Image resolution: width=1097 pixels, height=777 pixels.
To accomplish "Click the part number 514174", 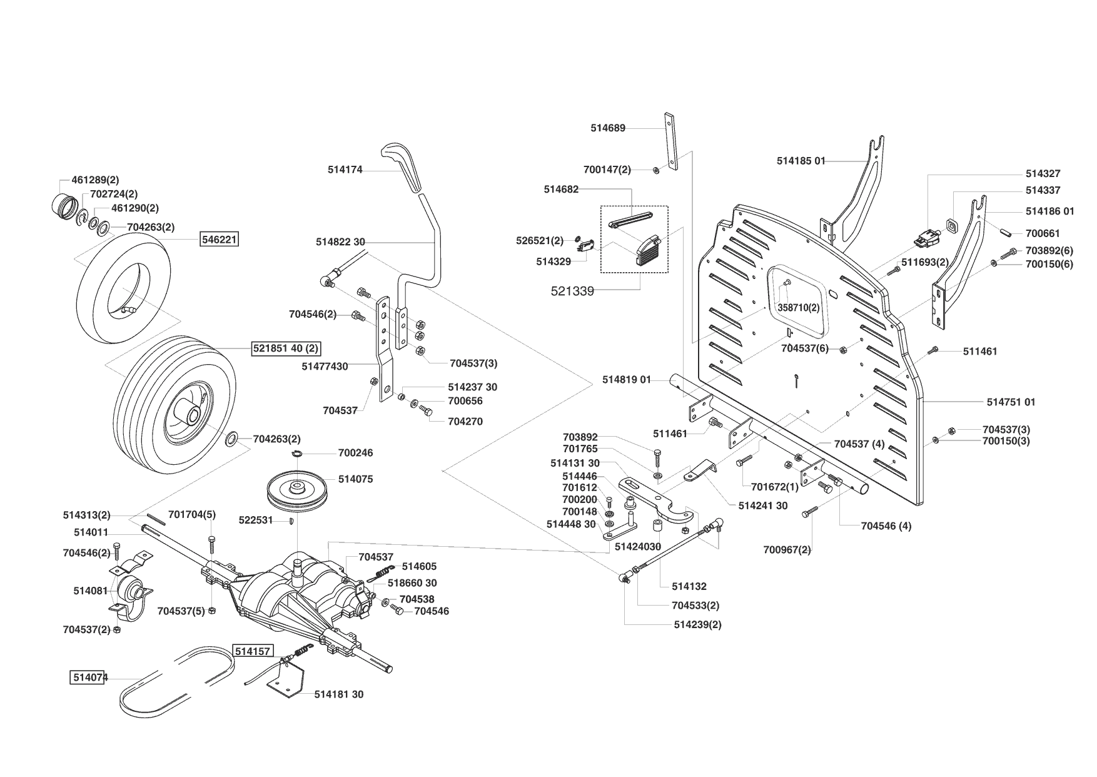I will tap(345, 170).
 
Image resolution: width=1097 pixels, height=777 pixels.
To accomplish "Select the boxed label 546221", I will tap(219, 239).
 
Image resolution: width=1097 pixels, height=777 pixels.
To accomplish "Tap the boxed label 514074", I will tap(87, 678).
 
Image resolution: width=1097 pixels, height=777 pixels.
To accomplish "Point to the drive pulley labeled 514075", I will tap(298, 490).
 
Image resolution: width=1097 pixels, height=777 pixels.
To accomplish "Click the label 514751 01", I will tap(1011, 402).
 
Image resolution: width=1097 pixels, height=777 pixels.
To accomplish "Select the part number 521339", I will tap(572, 291).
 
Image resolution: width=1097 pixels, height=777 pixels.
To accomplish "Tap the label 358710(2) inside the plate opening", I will tap(798, 308).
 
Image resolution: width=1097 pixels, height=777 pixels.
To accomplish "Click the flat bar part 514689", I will tap(670, 141).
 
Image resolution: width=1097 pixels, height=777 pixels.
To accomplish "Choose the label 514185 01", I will tap(801, 161).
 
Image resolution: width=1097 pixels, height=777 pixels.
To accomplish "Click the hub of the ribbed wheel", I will tap(190, 415).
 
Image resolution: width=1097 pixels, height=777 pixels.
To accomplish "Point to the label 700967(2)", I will tap(787, 550).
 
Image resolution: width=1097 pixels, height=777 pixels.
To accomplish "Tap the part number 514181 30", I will tap(338, 694).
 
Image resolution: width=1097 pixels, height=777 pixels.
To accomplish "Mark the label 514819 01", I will tap(627, 380).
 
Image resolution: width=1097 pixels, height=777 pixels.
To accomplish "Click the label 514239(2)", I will tap(697, 625).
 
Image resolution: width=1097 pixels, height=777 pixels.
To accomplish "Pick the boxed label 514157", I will tap(253, 651).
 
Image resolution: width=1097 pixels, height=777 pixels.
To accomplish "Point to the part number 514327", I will tap(1043, 174).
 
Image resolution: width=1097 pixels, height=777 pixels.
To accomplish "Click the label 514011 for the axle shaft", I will tap(91, 532).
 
